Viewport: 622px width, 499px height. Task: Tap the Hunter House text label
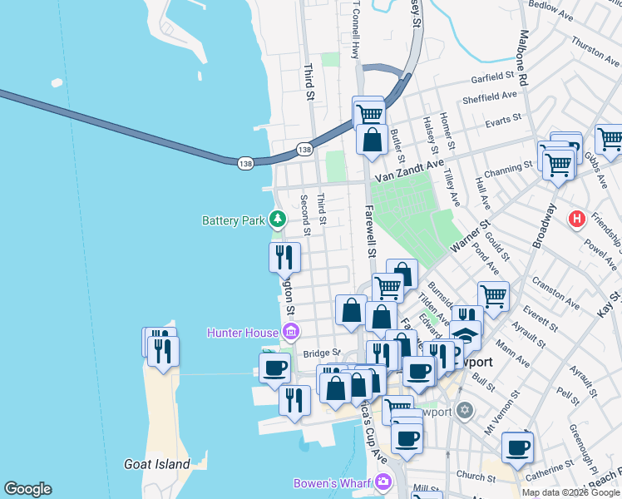pyautogui.click(x=242, y=333)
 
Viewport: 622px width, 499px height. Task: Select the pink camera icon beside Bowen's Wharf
pyautogui.click(x=383, y=482)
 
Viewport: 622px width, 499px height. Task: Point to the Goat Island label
pyautogui.click(x=156, y=464)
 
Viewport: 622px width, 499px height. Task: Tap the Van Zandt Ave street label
pyautogui.click(x=402, y=175)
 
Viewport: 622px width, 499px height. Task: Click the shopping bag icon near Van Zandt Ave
pyautogui.click(x=372, y=140)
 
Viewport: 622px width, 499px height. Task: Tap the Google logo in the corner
pyautogui.click(x=27, y=489)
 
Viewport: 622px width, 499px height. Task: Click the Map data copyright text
pyautogui.click(x=570, y=492)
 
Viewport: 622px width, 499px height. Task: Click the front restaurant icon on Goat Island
pyautogui.click(x=163, y=350)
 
